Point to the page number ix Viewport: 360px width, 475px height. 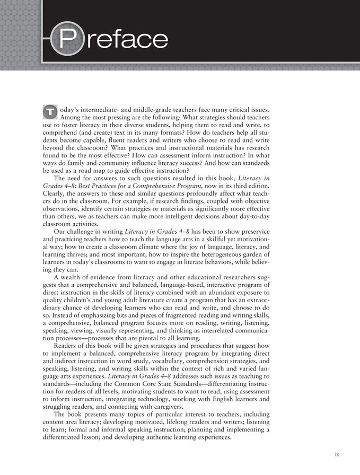[x=337, y=454]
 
